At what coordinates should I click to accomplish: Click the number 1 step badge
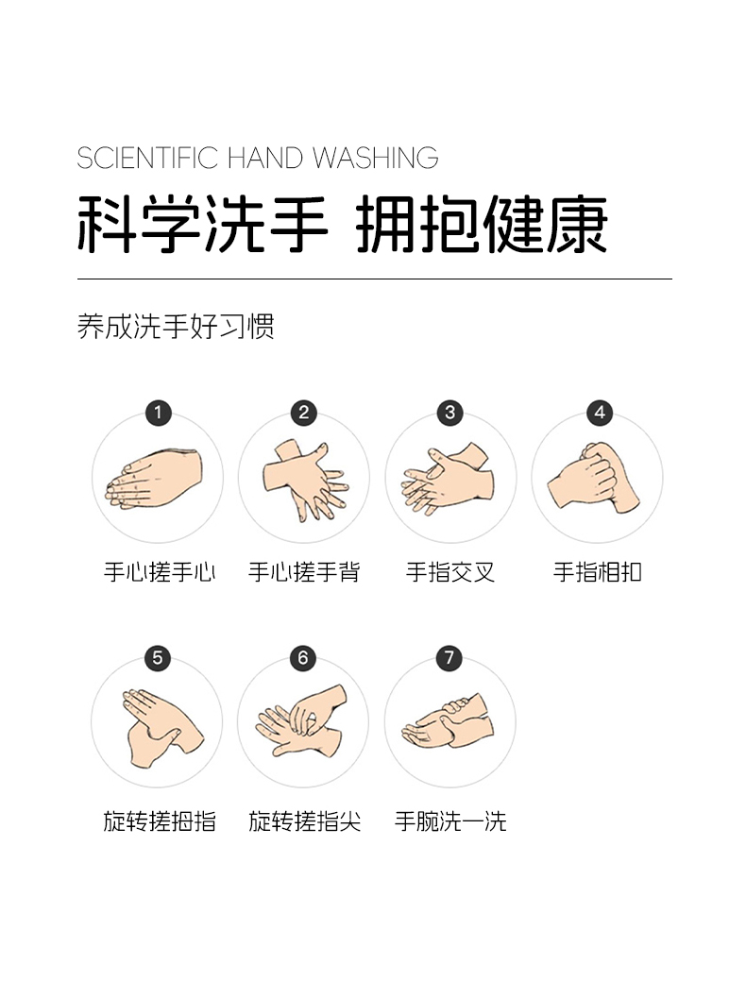(x=158, y=413)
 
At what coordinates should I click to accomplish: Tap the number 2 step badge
(x=303, y=413)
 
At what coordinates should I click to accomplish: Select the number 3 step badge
(x=449, y=413)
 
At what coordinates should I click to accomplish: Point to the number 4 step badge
(x=598, y=413)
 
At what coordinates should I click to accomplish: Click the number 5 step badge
(x=158, y=657)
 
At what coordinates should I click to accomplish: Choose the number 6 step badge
(x=303, y=657)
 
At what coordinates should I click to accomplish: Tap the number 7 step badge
(x=449, y=657)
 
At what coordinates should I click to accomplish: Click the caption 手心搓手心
(x=159, y=572)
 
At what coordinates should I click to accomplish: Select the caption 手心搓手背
(x=304, y=572)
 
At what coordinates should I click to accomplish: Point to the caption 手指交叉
(x=450, y=572)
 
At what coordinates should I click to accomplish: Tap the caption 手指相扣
(x=597, y=572)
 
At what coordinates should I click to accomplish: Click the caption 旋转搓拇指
(x=159, y=821)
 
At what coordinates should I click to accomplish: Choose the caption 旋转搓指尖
(x=304, y=821)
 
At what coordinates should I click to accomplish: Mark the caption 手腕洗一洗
(x=450, y=821)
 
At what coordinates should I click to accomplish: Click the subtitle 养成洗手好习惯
(x=176, y=327)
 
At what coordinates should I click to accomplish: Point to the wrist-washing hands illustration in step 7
(x=449, y=722)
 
